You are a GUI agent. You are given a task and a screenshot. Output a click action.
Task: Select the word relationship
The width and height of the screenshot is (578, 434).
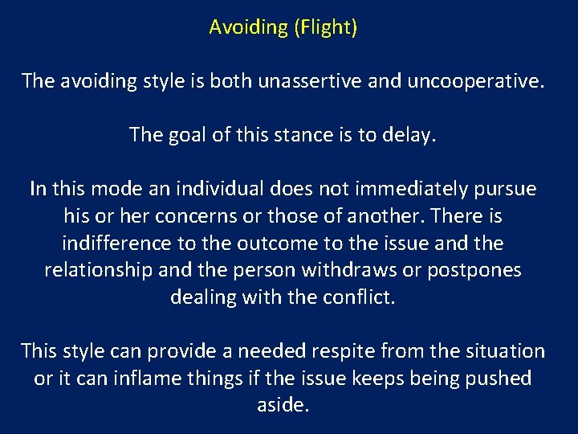pyautogui.click(x=97, y=270)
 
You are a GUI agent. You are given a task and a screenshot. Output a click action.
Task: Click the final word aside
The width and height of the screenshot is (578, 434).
pyautogui.click(x=283, y=405)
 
